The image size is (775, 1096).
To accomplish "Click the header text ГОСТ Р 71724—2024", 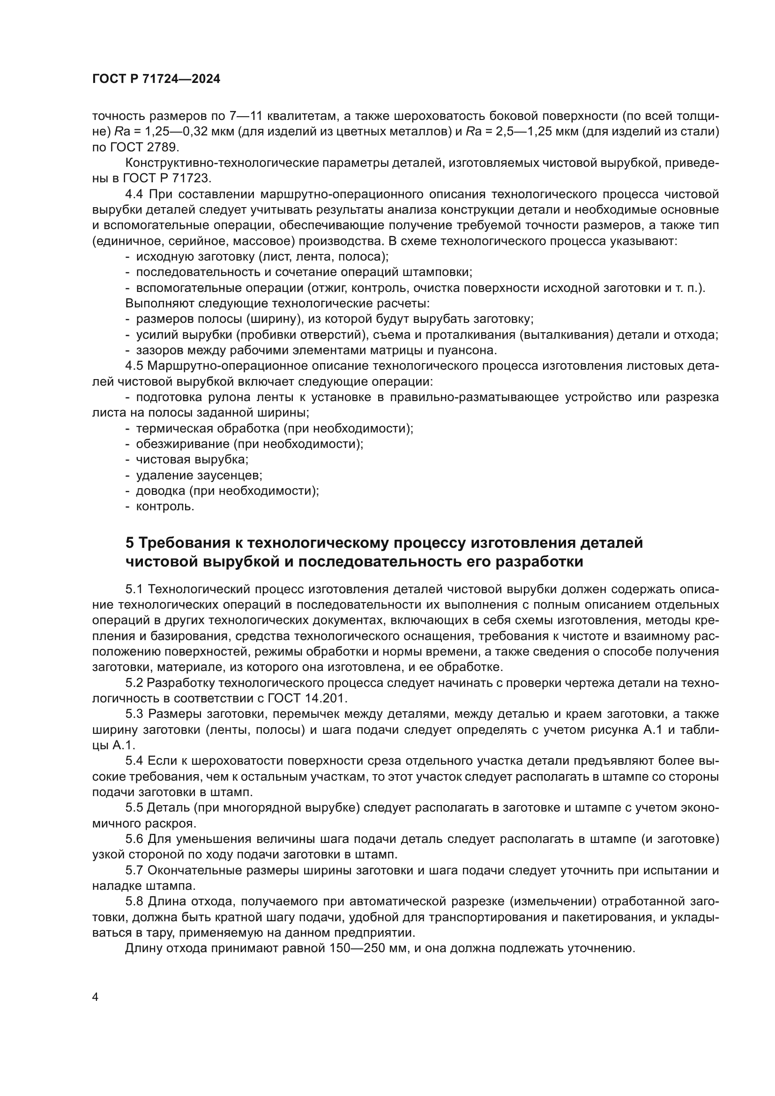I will [156, 79].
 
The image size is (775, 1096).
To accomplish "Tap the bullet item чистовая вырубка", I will [192, 459].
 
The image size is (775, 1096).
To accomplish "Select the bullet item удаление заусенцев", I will [199, 475].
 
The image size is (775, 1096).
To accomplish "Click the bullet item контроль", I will [164, 506].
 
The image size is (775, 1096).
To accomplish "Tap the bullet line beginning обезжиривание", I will [249, 443].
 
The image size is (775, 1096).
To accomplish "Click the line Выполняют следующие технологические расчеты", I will [277, 303].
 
